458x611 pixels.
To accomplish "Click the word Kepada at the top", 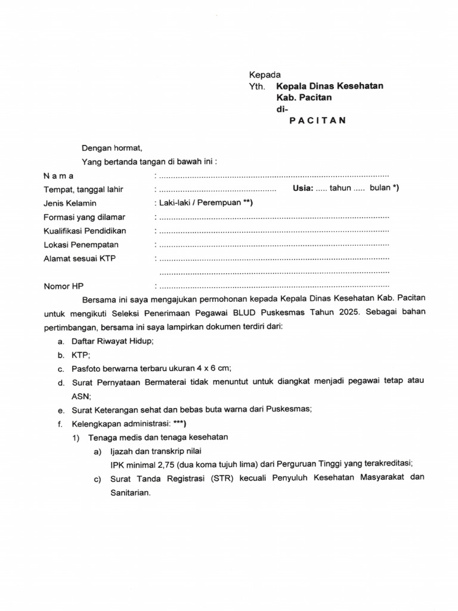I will click(x=264, y=75).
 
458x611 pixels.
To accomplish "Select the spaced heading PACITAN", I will click(x=317, y=120).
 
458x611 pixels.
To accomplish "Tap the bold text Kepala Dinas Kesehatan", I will click(x=329, y=87).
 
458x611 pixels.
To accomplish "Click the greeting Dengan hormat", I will click(x=112, y=148).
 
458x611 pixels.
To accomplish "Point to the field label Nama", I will click(x=58, y=176).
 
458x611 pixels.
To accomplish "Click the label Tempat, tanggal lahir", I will click(x=83, y=190).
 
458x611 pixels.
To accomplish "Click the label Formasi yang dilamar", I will click(x=84, y=217).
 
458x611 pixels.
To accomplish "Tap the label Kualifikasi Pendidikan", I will click(x=85, y=231).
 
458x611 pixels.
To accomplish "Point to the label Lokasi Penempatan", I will click(x=81, y=245).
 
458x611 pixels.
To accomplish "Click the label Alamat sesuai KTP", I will click(x=79, y=258).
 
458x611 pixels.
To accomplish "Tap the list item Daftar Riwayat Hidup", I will click(x=113, y=341).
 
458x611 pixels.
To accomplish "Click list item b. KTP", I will click(x=81, y=354).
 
